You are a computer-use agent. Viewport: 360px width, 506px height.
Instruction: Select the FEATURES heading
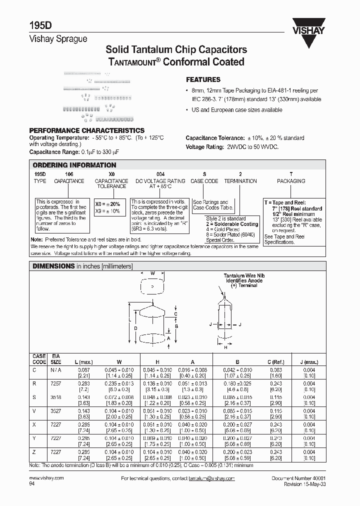[203, 79]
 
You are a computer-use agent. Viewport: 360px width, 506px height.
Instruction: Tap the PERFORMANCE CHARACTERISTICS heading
[87, 130]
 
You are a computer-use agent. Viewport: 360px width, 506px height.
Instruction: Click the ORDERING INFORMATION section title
[74, 165]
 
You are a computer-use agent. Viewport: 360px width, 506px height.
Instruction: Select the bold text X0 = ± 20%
[108, 204]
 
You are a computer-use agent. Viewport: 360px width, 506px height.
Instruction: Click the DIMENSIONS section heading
[53, 266]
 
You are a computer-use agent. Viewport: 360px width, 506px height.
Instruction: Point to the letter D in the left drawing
[135, 328]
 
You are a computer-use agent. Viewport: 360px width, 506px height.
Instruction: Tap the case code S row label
[34, 396]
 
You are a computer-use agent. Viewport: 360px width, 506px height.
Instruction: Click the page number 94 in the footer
[33, 484]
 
